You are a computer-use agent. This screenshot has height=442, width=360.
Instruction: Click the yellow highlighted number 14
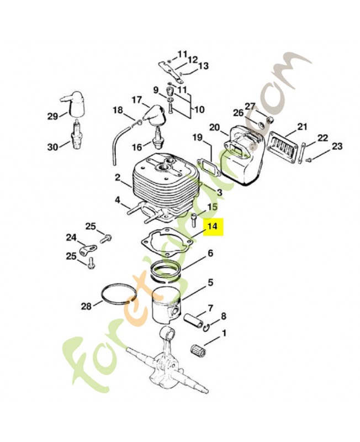pyautogui.click(x=213, y=226)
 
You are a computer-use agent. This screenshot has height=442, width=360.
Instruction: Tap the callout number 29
pyautogui.click(x=52, y=116)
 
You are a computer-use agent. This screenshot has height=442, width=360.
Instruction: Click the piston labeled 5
pyautogui.click(x=166, y=306)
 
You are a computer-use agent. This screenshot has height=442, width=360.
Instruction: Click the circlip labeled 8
pyautogui.click(x=207, y=328)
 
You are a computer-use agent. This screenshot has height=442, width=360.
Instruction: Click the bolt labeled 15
pyautogui.click(x=194, y=220)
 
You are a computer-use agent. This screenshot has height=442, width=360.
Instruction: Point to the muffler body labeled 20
pyautogui.click(x=242, y=155)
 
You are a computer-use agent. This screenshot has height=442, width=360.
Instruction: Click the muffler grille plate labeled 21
pyautogui.click(x=283, y=148)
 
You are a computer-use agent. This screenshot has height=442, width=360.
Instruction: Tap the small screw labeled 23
pyautogui.click(x=309, y=160)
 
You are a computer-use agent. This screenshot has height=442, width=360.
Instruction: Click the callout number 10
pyautogui.click(x=199, y=109)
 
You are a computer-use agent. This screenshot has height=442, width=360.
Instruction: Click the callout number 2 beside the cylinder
pyautogui.click(x=118, y=178)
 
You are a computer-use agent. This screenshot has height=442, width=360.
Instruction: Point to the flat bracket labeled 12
pyautogui.click(x=171, y=72)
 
